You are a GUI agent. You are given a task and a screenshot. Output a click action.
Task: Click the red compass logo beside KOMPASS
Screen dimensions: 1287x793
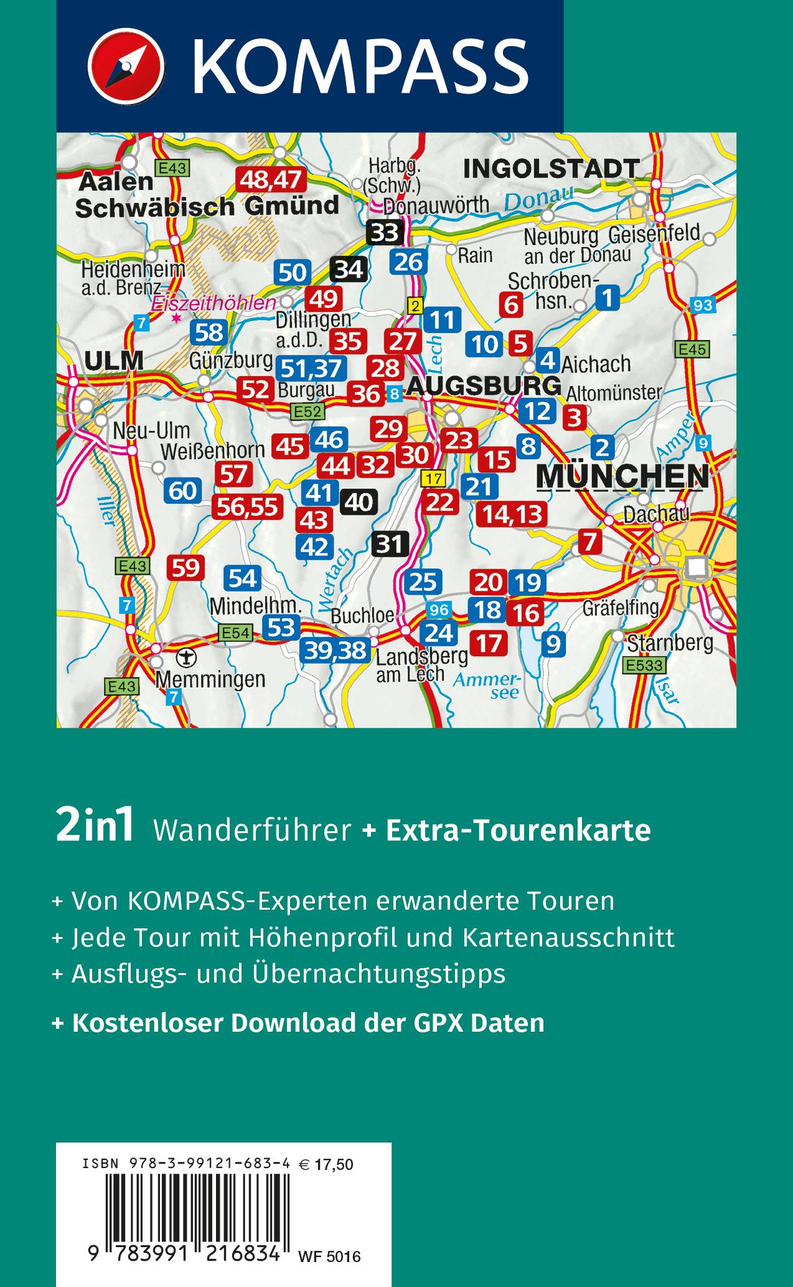pos(126,66)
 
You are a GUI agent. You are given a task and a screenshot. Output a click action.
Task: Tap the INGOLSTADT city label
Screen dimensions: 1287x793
pos(551,169)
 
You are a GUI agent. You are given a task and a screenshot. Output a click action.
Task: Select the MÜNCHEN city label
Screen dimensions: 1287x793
pos(622,476)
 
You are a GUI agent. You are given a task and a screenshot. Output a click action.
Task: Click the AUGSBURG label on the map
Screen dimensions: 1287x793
pos(484,386)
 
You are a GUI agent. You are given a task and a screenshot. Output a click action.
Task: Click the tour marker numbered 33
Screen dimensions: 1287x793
pos(386,233)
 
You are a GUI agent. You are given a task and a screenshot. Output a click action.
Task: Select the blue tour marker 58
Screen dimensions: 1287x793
pos(209,332)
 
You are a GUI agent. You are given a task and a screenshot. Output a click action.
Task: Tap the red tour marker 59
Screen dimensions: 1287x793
pos(185,568)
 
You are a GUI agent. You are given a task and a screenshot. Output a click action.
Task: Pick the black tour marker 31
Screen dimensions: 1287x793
pos(390,545)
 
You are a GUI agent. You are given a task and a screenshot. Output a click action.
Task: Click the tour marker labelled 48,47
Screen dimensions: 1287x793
pos(271,181)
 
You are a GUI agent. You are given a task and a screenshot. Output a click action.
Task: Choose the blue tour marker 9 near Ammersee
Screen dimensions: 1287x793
pos(553,643)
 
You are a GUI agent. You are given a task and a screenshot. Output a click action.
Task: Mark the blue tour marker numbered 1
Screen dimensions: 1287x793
pos(608,297)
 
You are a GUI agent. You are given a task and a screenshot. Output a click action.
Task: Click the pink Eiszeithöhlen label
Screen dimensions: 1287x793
pos(213,303)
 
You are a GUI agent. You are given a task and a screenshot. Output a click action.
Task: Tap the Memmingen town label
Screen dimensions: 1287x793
pos(210,679)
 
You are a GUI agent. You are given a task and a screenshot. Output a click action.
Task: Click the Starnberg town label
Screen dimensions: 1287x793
pos(670,643)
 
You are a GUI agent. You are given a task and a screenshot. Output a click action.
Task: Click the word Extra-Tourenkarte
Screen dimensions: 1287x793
pos(518,831)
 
